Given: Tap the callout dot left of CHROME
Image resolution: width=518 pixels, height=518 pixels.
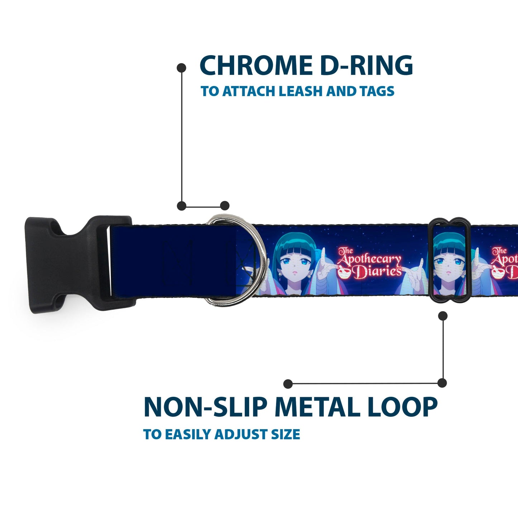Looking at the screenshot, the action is coord(182,68).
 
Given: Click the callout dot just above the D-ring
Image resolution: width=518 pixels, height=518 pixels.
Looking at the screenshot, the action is coord(225,206).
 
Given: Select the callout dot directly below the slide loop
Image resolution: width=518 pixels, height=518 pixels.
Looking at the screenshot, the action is coord(443,316).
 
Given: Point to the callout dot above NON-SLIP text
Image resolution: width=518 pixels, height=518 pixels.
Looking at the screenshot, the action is coord(288,384).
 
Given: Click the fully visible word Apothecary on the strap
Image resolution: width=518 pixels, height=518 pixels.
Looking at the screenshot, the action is coord(369,261).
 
